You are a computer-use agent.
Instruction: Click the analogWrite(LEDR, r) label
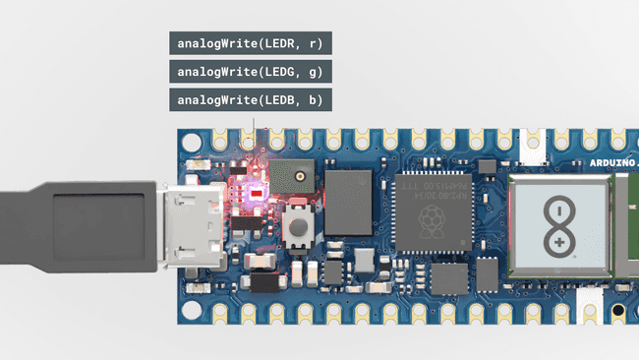click(x=250, y=43)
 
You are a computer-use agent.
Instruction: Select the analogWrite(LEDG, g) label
click(x=250, y=71)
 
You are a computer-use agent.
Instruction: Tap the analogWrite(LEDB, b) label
click(x=250, y=99)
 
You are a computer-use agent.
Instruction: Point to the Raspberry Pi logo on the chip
click(x=430, y=228)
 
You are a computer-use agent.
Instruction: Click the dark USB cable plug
click(x=79, y=225)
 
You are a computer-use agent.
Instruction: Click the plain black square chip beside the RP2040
click(x=348, y=202)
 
